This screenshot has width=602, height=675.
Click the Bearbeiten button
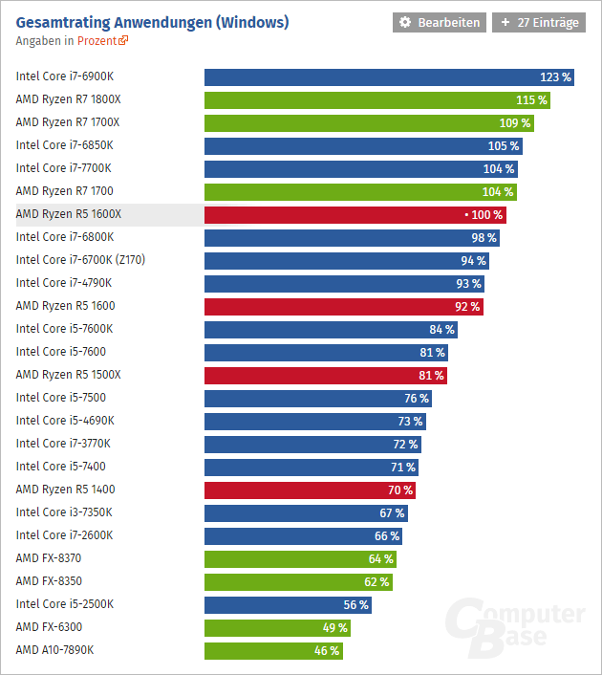[440, 22]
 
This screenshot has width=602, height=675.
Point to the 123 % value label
[555, 76]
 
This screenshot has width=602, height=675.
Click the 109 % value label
[514, 122]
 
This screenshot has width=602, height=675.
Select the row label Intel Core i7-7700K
[65, 168]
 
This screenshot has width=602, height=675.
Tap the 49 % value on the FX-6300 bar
[334, 628]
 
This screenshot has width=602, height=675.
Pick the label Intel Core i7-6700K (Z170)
[80, 260]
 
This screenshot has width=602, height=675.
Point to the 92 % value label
[467, 307]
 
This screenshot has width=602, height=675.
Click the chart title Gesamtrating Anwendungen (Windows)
[152, 21]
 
